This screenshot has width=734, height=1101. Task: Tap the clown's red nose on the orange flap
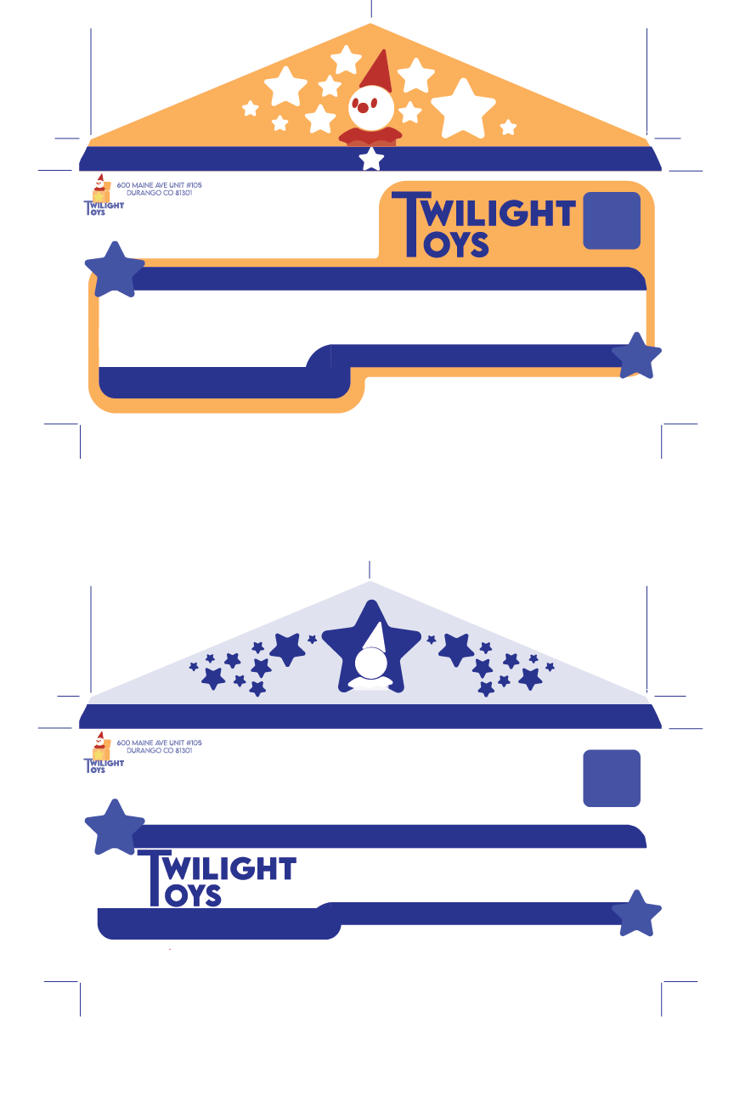[x=363, y=107]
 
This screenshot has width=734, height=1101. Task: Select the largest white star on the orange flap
[x=463, y=110]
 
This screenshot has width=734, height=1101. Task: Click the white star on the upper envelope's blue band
[x=371, y=159]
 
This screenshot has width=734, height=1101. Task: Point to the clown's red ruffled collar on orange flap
[x=370, y=135]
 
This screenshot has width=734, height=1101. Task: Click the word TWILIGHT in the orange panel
[x=500, y=213]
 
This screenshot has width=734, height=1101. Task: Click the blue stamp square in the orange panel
[x=612, y=221]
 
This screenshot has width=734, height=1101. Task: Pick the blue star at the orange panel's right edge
[x=636, y=357]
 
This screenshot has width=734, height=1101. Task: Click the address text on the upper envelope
[x=159, y=189]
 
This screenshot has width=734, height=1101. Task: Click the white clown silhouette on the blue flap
[x=371, y=667]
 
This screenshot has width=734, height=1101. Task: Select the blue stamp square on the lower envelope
[x=612, y=778]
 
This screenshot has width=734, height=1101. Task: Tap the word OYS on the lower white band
[x=193, y=896]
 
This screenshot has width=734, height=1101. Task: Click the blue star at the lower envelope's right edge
[x=636, y=914]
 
